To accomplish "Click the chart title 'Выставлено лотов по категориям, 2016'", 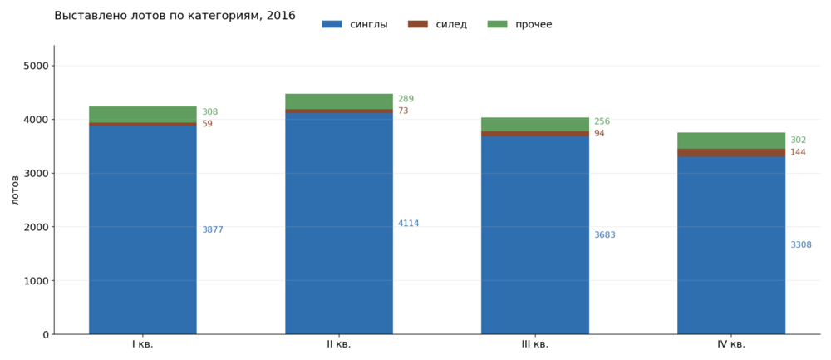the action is coord(175,15).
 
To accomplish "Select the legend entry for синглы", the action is coord(355,24).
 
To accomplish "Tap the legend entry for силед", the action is coord(437,24).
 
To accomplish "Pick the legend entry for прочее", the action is coord(519,24).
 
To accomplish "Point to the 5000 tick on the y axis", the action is coord(37,66).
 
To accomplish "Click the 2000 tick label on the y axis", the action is coord(37,227).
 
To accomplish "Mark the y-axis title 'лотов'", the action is coord(15,190).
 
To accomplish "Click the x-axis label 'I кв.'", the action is coord(143,345).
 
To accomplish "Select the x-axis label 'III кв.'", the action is coord(534,345).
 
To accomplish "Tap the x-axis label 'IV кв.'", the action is coord(731,345).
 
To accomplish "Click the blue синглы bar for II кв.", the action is coord(339,224).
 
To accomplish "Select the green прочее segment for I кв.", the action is coord(143,115).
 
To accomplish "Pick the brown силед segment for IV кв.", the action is coord(731,153).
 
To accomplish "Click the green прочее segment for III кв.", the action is coord(534,125).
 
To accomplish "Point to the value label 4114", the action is coord(409,224).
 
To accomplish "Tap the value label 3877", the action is coord(213,230).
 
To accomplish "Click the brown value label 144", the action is coord(798,153).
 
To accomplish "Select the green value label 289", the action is coord(406,99).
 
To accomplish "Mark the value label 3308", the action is coord(801,245).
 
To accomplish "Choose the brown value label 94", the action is coord(599,134).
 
